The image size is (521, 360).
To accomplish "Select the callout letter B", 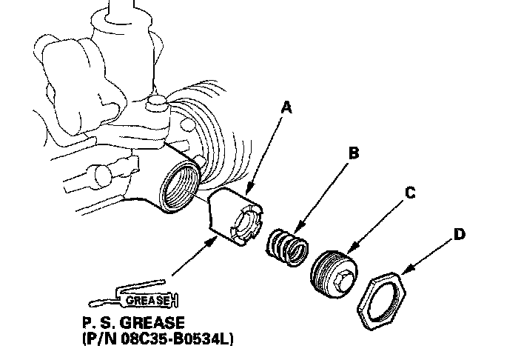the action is point(353,153).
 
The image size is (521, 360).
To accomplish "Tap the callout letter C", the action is point(409,194).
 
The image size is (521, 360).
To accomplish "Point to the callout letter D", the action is point(459,235).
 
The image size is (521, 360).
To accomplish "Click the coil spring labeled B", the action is point(286,247).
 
